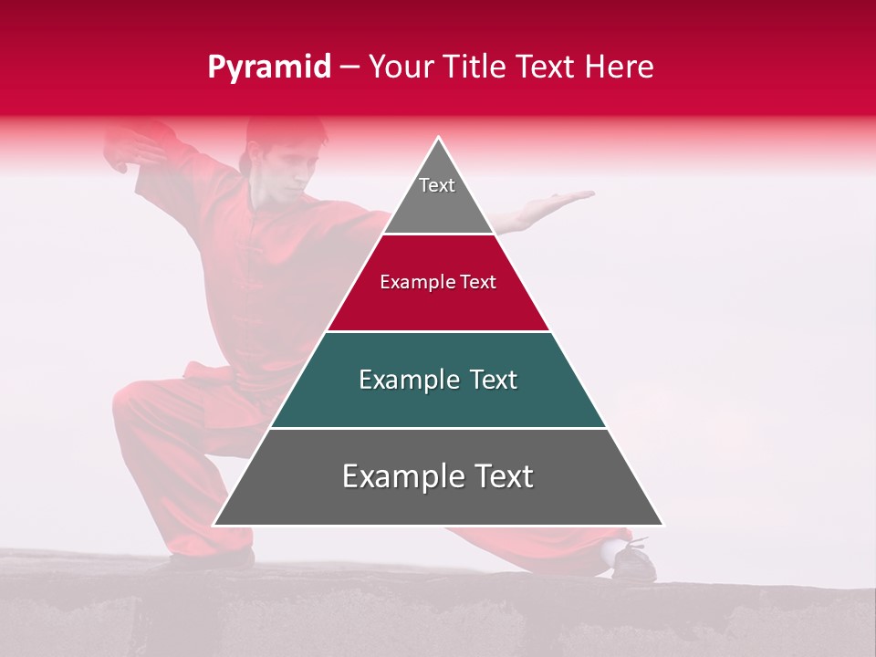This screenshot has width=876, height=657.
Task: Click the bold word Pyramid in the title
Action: pyautogui.click(x=268, y=68)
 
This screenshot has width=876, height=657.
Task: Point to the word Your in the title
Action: pyautogui.click(x=401, y=68)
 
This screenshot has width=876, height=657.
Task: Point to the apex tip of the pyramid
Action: pyautogui.click(x=438, y=139)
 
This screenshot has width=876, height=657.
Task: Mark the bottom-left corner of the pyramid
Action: pyautogui.click(x=214, y=525)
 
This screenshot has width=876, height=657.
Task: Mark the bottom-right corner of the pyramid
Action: pyautogui.click(x=662, y=525)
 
